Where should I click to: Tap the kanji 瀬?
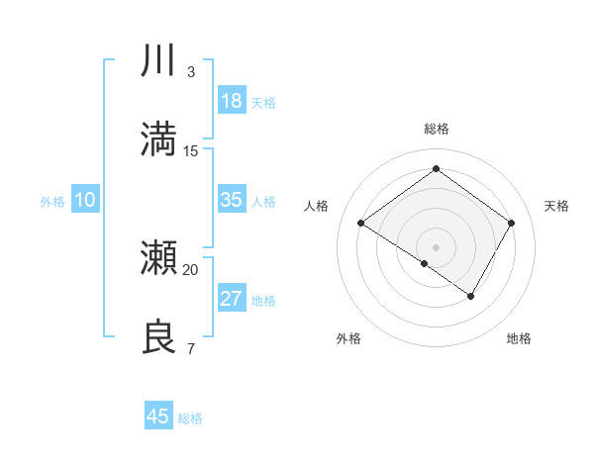tap(158, 259)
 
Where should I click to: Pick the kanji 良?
tap(158, 336)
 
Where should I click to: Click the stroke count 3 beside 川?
tap(191, 72)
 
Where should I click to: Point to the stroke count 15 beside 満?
tap(191, 150)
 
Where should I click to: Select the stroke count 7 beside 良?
tap(191, 348)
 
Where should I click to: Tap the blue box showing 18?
tap(232, 101)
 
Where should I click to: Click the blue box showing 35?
tap(232, 200)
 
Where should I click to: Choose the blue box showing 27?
tap(232, 299)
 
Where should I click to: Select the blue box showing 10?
tap(85, 200)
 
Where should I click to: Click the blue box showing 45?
tap(158, 417)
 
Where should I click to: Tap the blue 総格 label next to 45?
tap(190, 418)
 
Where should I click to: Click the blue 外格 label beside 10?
tap(52, 202)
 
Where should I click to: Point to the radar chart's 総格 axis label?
tap(436, 129)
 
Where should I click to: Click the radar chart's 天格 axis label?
tap(556, 206)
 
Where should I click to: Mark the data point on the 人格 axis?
tap(361, 224)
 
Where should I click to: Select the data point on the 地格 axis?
tap(471, 296)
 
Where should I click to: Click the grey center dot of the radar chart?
tap(436, 246)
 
